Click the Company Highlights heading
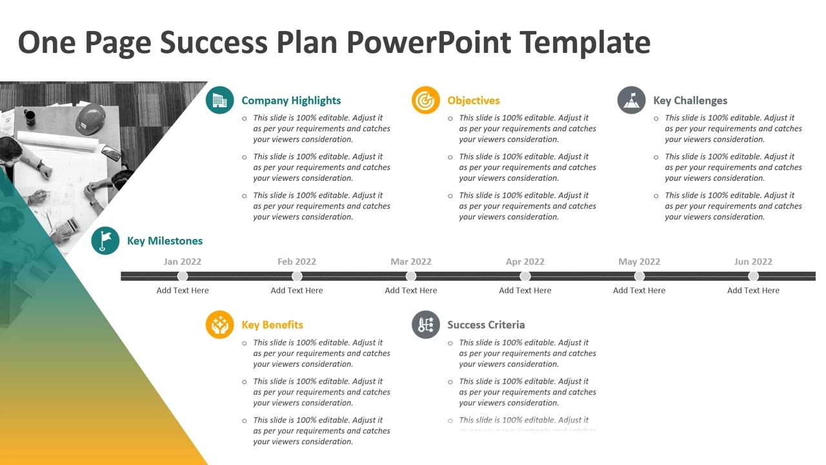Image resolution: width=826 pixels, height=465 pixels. (x=291, y=101)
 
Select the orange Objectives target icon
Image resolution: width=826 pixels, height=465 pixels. (x=426, y=100)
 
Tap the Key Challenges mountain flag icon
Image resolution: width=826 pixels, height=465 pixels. (x=631, y=100)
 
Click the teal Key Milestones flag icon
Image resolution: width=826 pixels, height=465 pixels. (x=105, y=241)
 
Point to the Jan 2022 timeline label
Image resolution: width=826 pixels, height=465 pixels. (x=183, y=262)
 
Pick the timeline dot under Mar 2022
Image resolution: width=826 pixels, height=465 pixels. (x=411, y=276)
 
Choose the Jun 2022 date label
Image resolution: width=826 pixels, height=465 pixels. (x=753, y=262)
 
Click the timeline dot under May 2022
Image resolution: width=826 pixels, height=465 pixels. (x=640, y=276)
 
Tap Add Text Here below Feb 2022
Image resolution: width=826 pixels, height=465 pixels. (x=297, y=291)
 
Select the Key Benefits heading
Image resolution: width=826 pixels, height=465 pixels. (x=272, y=325)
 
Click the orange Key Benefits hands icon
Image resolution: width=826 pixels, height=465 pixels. (x=219, y=324)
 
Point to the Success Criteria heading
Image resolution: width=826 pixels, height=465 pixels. (x=486, y=325)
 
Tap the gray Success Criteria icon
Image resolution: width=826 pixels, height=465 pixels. (x=426, y=324)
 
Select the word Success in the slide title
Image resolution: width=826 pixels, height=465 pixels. (x=214, y=42)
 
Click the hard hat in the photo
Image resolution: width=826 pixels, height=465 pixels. (x=90, y=119)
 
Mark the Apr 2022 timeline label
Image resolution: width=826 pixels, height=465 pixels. (x=525, y=262)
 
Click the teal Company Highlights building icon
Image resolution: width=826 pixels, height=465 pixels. (x=219, y=100)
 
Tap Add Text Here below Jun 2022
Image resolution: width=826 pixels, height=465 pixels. (x=753, y=291)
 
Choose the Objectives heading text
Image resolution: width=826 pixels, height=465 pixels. (x=474, y=101)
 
